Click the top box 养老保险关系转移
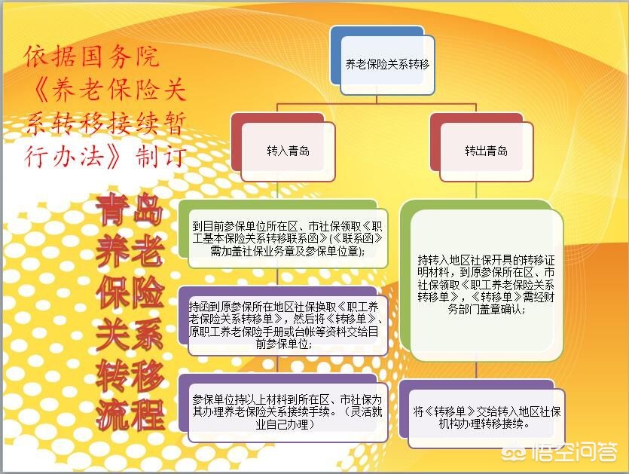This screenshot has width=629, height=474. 386,66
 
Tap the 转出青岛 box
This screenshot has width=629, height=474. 486,151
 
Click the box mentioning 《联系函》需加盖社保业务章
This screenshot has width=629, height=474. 287,238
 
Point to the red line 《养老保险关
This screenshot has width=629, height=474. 105,90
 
